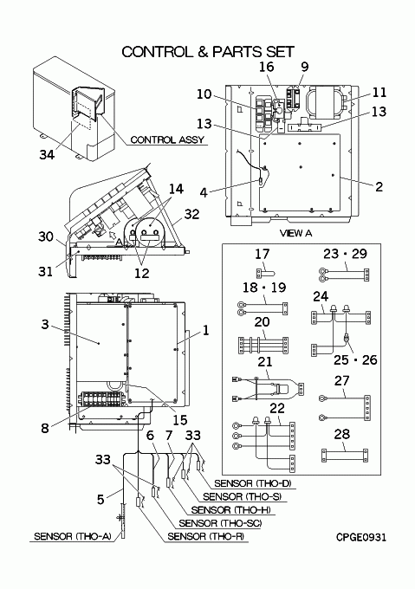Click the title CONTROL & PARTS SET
tap(208, 52)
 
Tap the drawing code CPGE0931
tap(360, 538)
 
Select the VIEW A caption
tap(295, 233)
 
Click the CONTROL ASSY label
tap(167, 139)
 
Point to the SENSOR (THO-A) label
tap(73, 536)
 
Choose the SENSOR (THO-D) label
tap(253, 483)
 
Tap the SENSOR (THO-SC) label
tap(220, 523)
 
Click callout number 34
tap(47, 154)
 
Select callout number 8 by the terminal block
tap(45, 428)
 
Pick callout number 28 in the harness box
tap(341, 434)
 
